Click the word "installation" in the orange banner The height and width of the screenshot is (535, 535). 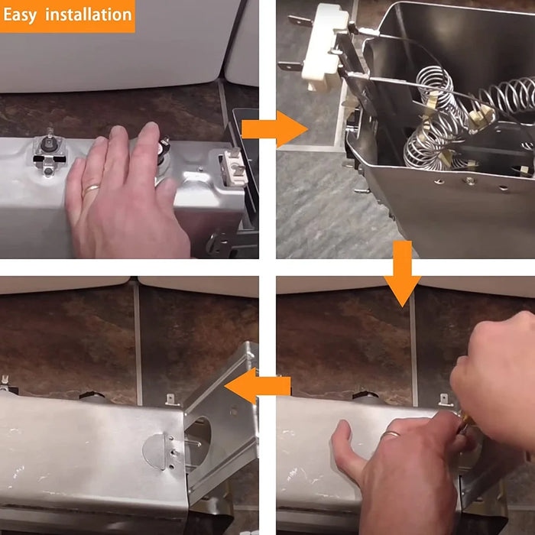coord(88,15)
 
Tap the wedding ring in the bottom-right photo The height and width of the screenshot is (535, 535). coord(391,435)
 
